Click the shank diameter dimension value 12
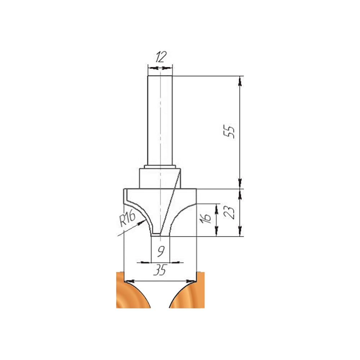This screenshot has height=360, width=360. point(161,57)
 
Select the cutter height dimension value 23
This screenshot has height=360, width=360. point(230,213)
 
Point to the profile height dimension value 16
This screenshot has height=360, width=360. point(206,218)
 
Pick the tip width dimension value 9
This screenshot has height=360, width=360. point(161,252)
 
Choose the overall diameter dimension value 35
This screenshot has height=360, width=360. point(160,270)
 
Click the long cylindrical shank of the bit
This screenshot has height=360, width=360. point(160,121)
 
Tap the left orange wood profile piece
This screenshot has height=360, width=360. point(133,290)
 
